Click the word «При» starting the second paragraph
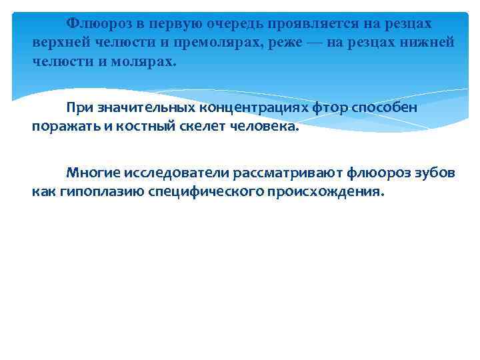click(78, 107)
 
